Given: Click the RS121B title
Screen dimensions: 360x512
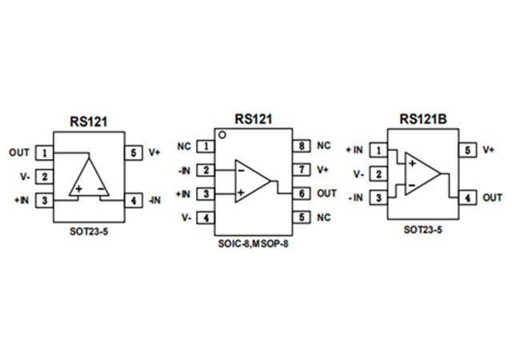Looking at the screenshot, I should [423, 119].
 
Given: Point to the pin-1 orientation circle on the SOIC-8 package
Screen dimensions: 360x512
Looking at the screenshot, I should [223, 136].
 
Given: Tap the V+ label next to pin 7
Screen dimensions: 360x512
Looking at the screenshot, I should [323, 170].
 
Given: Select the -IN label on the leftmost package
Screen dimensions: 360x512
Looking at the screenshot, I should [154, 200].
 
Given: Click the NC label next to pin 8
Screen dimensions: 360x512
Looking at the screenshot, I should [323, 146].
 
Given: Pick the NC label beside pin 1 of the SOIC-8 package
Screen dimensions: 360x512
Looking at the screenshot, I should [183, 146].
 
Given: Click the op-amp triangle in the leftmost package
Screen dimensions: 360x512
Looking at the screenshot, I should [90, 178].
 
